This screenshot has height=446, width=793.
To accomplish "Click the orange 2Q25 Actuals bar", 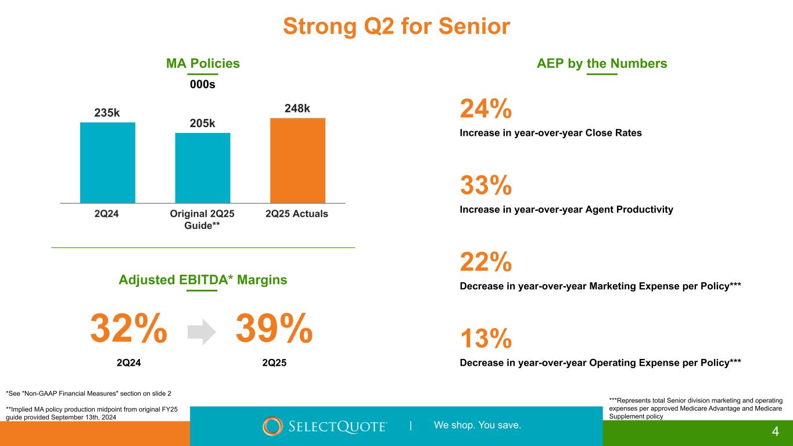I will [x=297, y=160].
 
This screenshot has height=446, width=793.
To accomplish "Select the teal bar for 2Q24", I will [x=107, y=163].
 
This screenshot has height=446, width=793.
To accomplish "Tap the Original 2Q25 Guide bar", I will [x=203, y=168].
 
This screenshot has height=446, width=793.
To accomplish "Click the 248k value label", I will [x=297, y=109].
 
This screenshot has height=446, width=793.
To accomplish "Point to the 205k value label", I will [x=203, y=123].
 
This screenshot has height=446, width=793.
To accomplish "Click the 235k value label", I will [x=107, y=113].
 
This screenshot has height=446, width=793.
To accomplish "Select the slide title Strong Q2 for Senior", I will [x=396, y=26].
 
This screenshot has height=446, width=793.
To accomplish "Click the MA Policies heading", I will [x=203, y=63].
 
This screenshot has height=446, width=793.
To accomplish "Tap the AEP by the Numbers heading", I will [x=602, y=63].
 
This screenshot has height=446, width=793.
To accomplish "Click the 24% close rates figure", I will [x=486, y=109].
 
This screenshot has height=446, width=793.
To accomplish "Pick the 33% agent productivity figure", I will [x=486, y=185].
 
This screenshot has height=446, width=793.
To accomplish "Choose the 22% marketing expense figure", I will [x=486, y=262].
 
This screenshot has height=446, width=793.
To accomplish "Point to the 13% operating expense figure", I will [x=486, y=339].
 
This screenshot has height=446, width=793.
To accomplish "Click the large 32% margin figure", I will [x=129, y=329].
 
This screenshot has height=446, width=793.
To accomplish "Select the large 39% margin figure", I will [x=274, y=329].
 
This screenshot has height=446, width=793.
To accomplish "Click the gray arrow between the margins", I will [x=202, y=332].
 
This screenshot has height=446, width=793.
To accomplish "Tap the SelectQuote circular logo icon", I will [x=272, y=426].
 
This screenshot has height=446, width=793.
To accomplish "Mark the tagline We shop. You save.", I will [x=477, y=425].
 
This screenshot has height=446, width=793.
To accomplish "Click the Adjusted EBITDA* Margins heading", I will [x=203, y=280].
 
